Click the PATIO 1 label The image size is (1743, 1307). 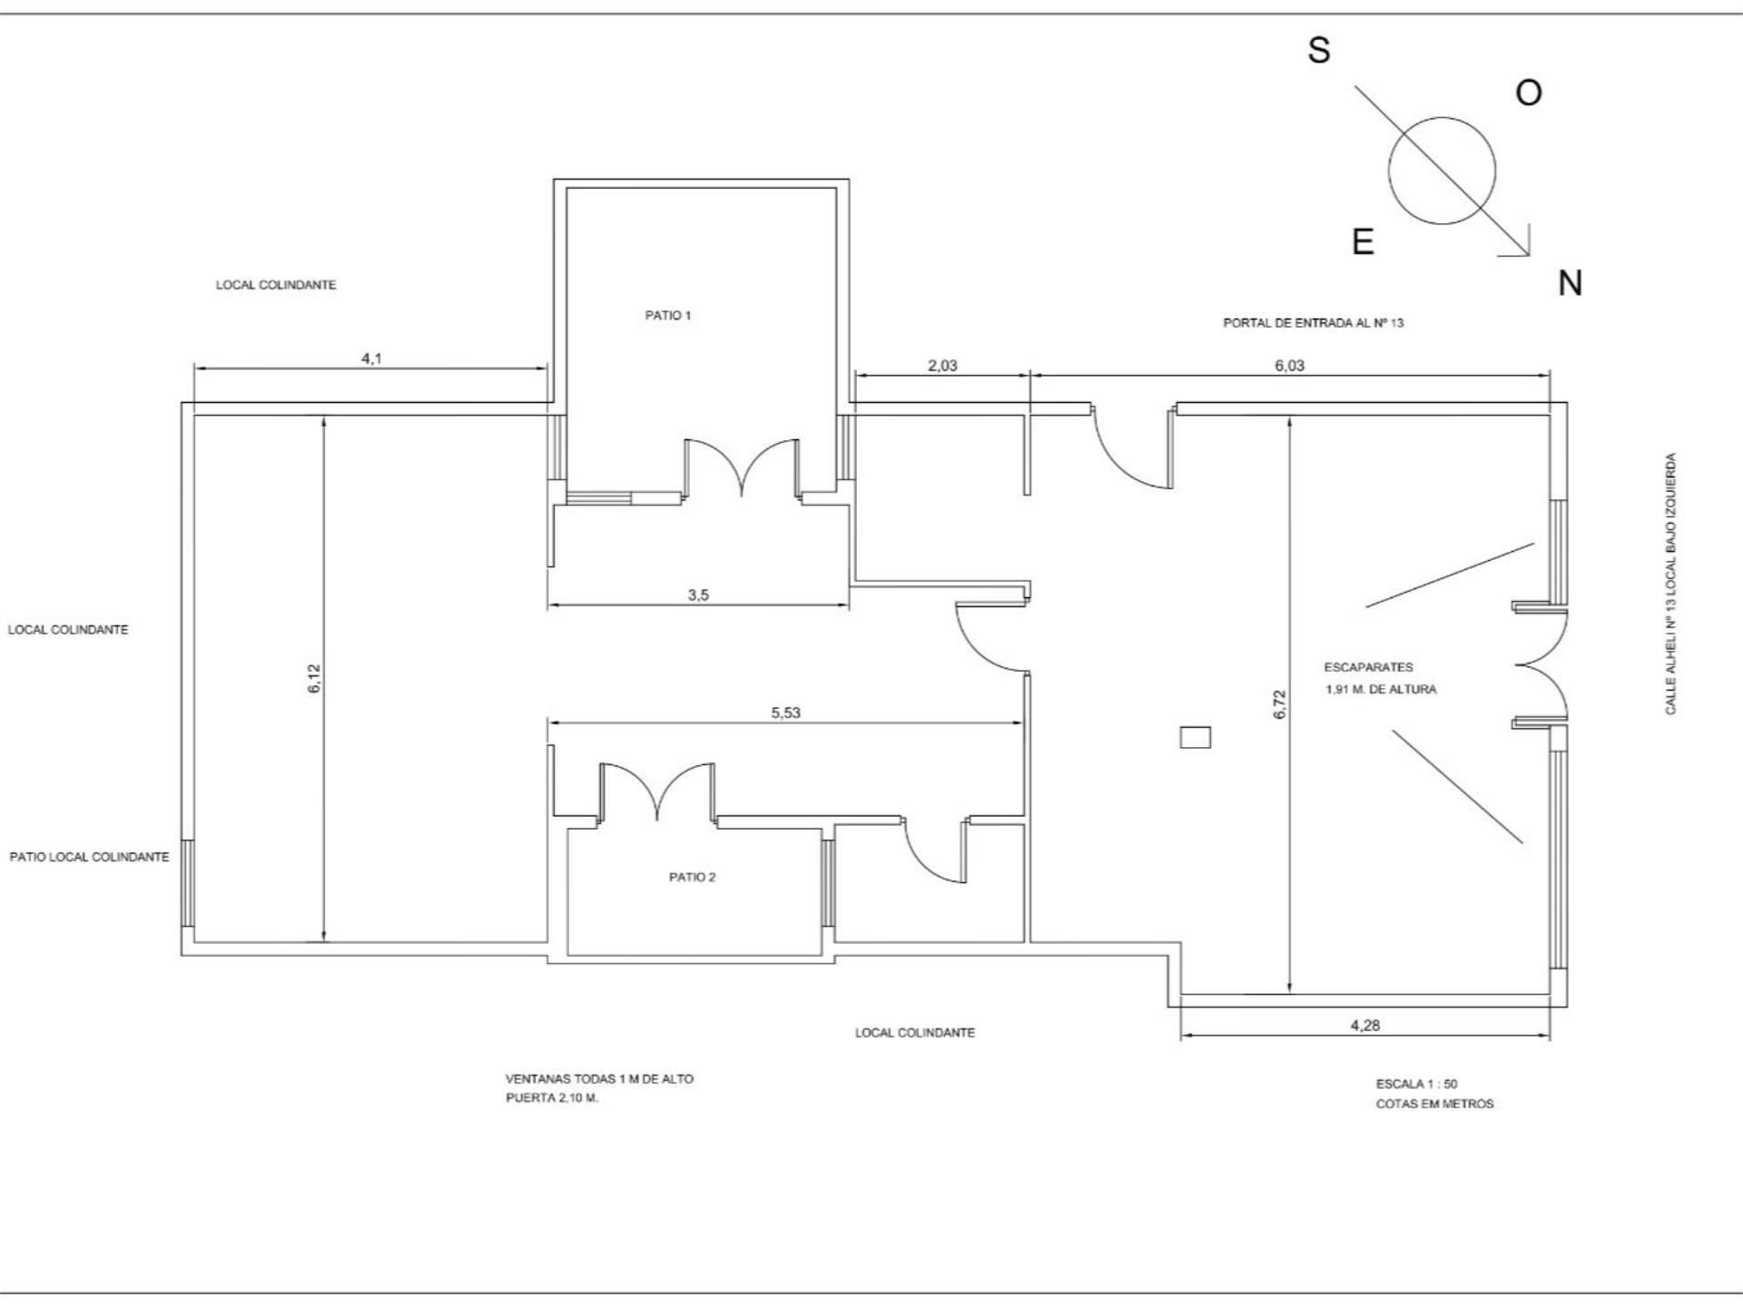[x=668, y=316]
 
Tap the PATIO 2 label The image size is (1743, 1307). [x=692, y=878]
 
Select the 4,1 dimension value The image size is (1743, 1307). [x=372, y=359]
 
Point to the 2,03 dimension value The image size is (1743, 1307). [x=942, y=366]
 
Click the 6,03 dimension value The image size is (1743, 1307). [x=1289, y=366]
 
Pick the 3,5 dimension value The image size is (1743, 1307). [x=698, y=595]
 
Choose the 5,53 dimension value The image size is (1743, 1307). [x=786, y=712]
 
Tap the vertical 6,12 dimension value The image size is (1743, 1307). [x=314, y=679]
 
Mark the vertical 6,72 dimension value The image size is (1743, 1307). [x=1280, y=705]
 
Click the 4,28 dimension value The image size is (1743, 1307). [x=1365, y=1026]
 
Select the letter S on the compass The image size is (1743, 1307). [x=1319, y=50]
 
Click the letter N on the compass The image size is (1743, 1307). [x=1571, y=284]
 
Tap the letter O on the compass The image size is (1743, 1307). [x=1529, y=93]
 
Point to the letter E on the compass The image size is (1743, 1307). [x=1363, y=241]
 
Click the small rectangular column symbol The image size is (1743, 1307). [x=1196, y=737]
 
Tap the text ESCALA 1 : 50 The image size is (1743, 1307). [x=1416, y=1084]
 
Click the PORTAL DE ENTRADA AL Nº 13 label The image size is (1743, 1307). [x=1314, y=323]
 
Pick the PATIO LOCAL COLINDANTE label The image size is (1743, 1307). [x=89, y=857]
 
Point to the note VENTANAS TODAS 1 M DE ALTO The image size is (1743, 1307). [x=599, y=1079]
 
